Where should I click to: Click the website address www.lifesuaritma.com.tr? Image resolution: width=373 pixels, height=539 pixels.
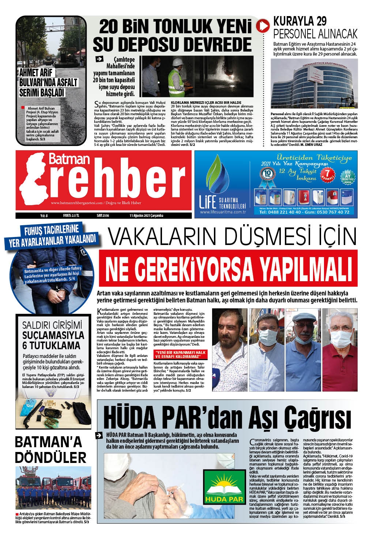click(223, 212)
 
